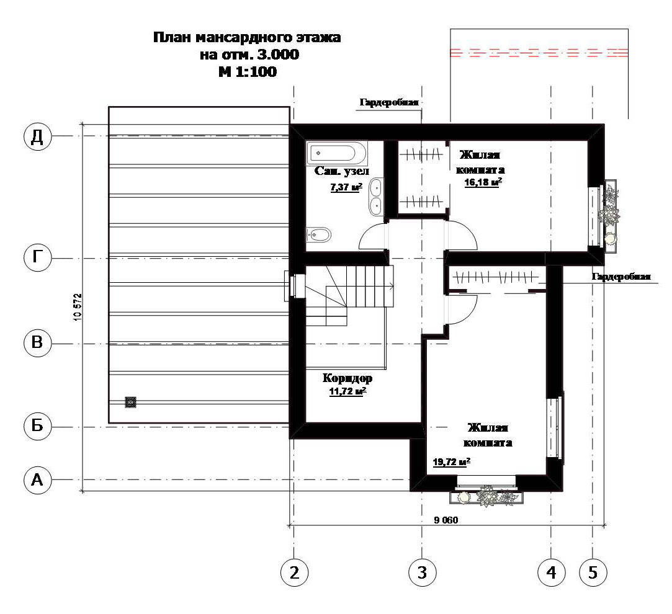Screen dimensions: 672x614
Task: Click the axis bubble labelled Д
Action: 37,136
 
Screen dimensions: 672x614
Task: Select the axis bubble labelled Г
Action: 37,258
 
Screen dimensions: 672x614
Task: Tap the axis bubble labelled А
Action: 37,480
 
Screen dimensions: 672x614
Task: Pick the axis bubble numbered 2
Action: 295,572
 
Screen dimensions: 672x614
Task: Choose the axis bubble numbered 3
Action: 422,572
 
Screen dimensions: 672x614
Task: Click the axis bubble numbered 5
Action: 593,572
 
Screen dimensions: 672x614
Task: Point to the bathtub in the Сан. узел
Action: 337,153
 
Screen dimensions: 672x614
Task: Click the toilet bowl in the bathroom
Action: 319,235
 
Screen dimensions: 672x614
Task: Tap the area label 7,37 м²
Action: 346,187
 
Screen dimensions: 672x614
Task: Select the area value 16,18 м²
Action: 483,182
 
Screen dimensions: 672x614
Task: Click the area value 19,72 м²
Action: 452,462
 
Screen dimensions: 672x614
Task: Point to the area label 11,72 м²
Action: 347,391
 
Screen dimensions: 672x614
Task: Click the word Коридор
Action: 347,378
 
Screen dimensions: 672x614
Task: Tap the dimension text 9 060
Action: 446,520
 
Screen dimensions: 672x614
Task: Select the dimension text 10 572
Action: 78,307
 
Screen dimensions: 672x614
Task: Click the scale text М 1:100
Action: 248,71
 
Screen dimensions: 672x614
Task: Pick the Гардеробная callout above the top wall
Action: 388,102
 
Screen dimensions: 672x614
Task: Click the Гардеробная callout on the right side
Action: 621,277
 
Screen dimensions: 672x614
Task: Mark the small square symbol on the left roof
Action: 130,402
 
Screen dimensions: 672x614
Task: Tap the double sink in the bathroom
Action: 376,197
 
